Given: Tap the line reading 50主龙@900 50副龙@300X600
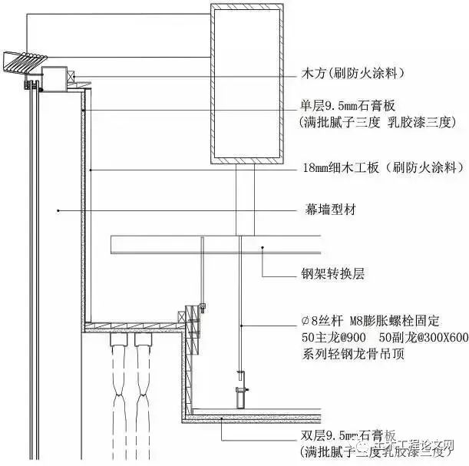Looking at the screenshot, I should (x=384, y=338).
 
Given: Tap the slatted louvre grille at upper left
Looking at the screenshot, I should (x=24, y=61).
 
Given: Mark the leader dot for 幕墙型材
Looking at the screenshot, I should (x=58, y=209).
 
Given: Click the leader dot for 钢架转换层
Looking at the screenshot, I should (x=263, y=247).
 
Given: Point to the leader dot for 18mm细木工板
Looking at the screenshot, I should (x=91, y=167).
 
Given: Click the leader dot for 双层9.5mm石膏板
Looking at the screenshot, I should (x=223, y=417).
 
